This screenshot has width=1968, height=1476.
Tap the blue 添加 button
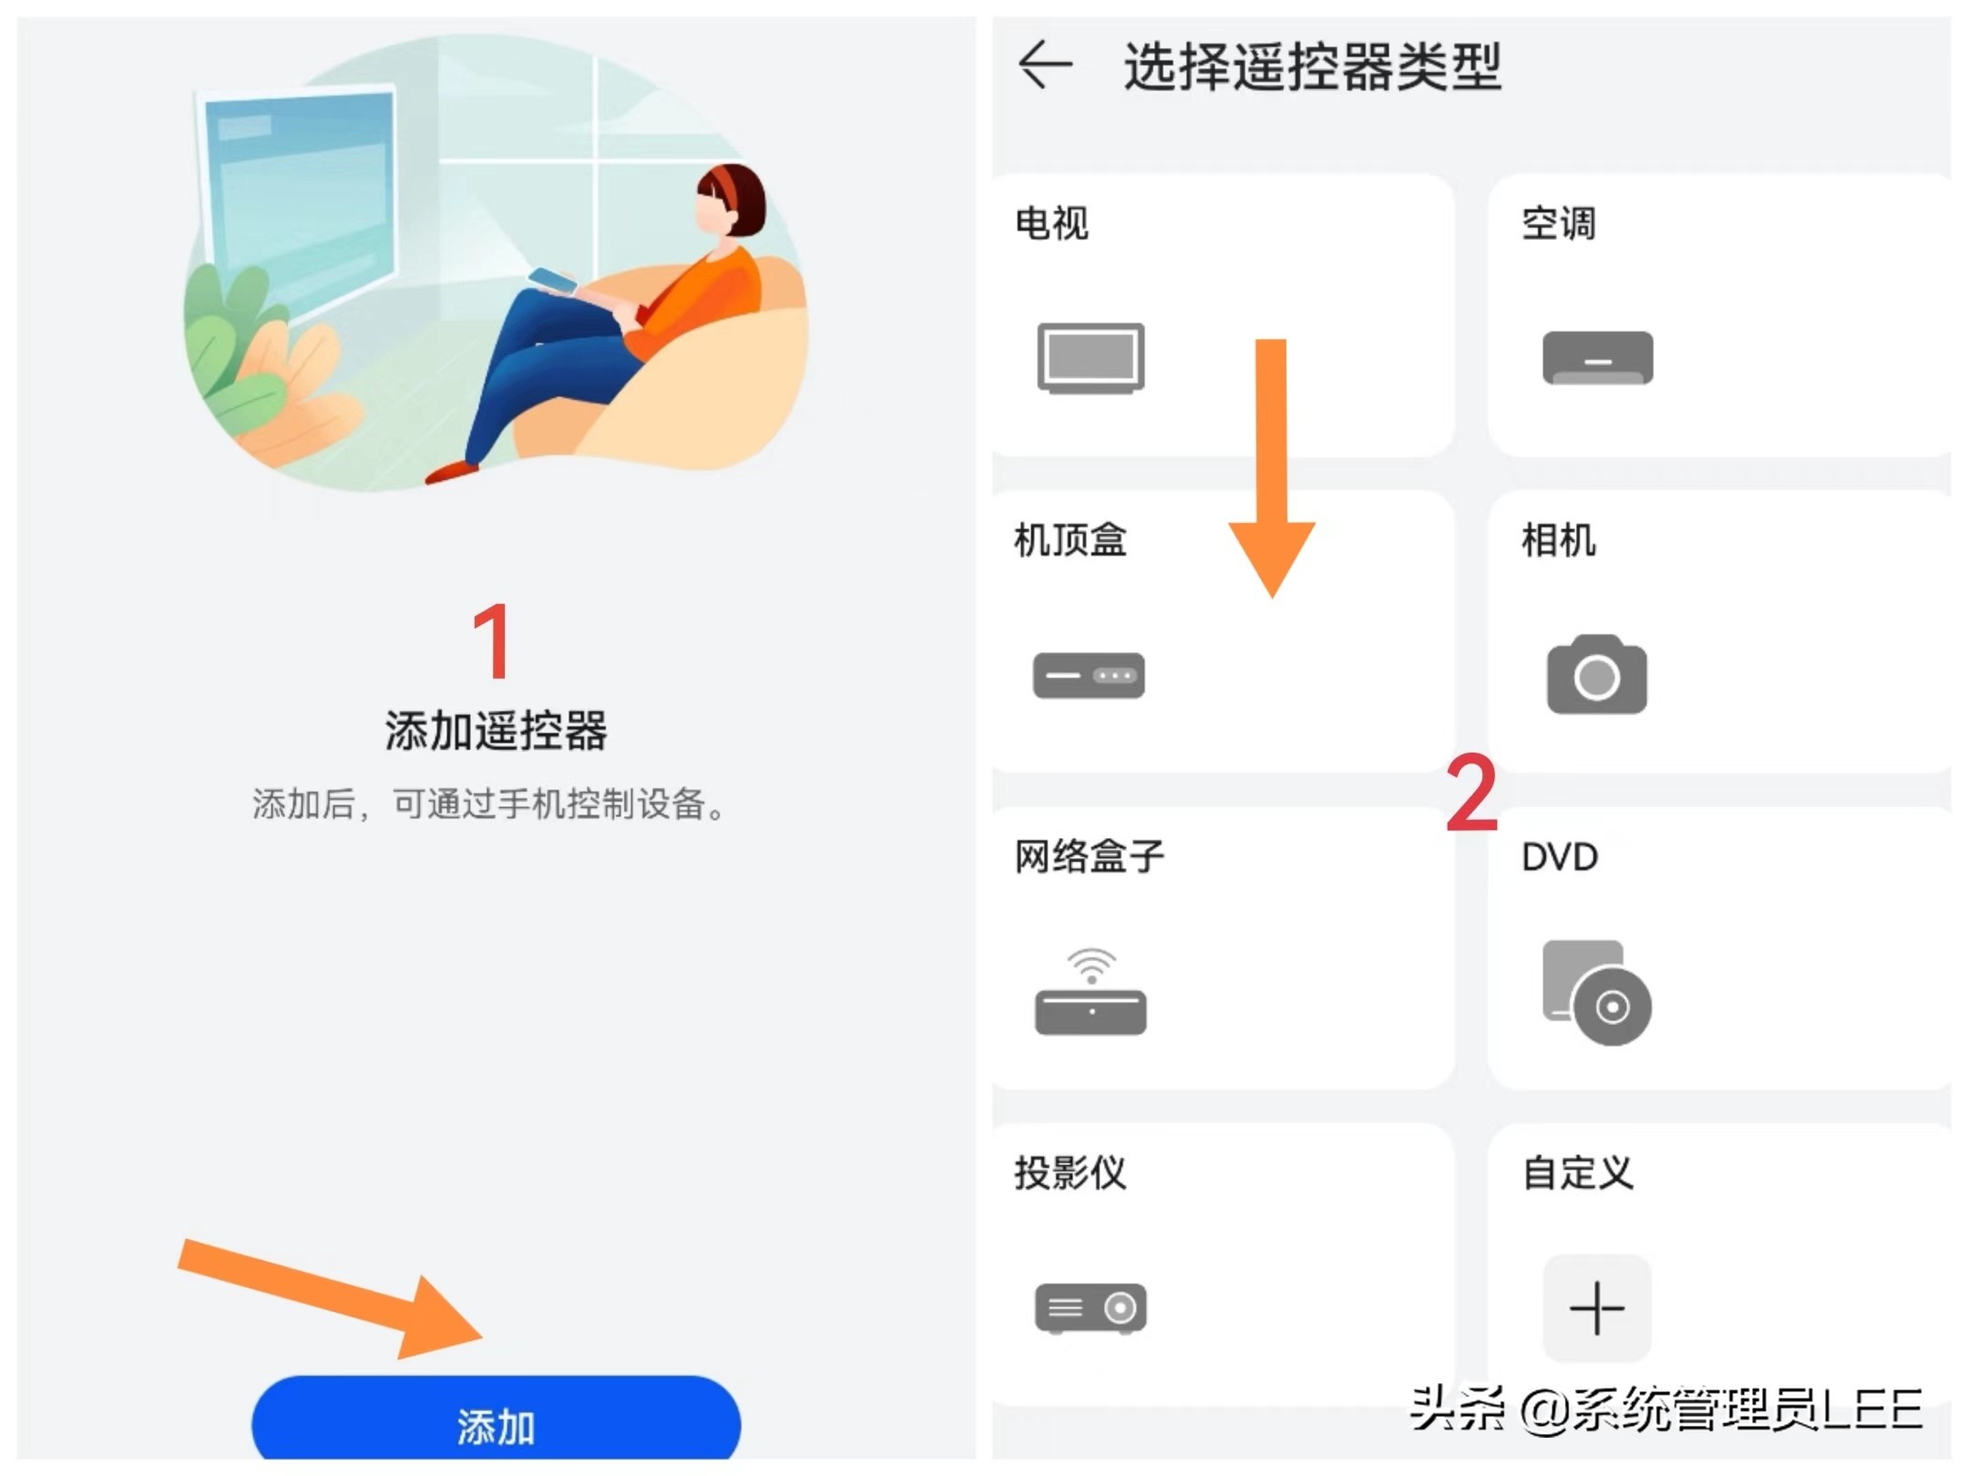(x=496, y=1423)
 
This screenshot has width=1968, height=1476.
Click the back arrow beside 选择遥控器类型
(x=1044, y=66)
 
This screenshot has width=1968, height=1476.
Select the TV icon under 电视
(x=1091, y=357)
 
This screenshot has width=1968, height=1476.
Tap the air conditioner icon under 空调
(x=1596, y=357)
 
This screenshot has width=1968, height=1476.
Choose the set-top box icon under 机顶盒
(x=1088, y=675)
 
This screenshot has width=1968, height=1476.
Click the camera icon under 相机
(x=1596, y=675)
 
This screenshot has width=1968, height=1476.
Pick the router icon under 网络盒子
(x=1090, y=993)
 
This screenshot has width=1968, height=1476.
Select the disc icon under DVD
(x=1596, y=993)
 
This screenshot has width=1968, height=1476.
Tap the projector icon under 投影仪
(x=1090, y=1308)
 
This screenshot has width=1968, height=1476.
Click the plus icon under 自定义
(x=1596, y=1308)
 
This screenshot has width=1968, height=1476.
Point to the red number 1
(x=493, y=641)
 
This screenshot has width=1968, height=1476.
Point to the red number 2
(x=1471, y=793)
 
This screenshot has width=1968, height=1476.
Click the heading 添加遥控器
(x=496, y=731)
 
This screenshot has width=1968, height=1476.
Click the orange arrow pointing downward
(x=1272, y=465)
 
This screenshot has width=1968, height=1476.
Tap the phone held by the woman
(x=553, y=281)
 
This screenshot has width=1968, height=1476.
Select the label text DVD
(x=1559, y=857)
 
